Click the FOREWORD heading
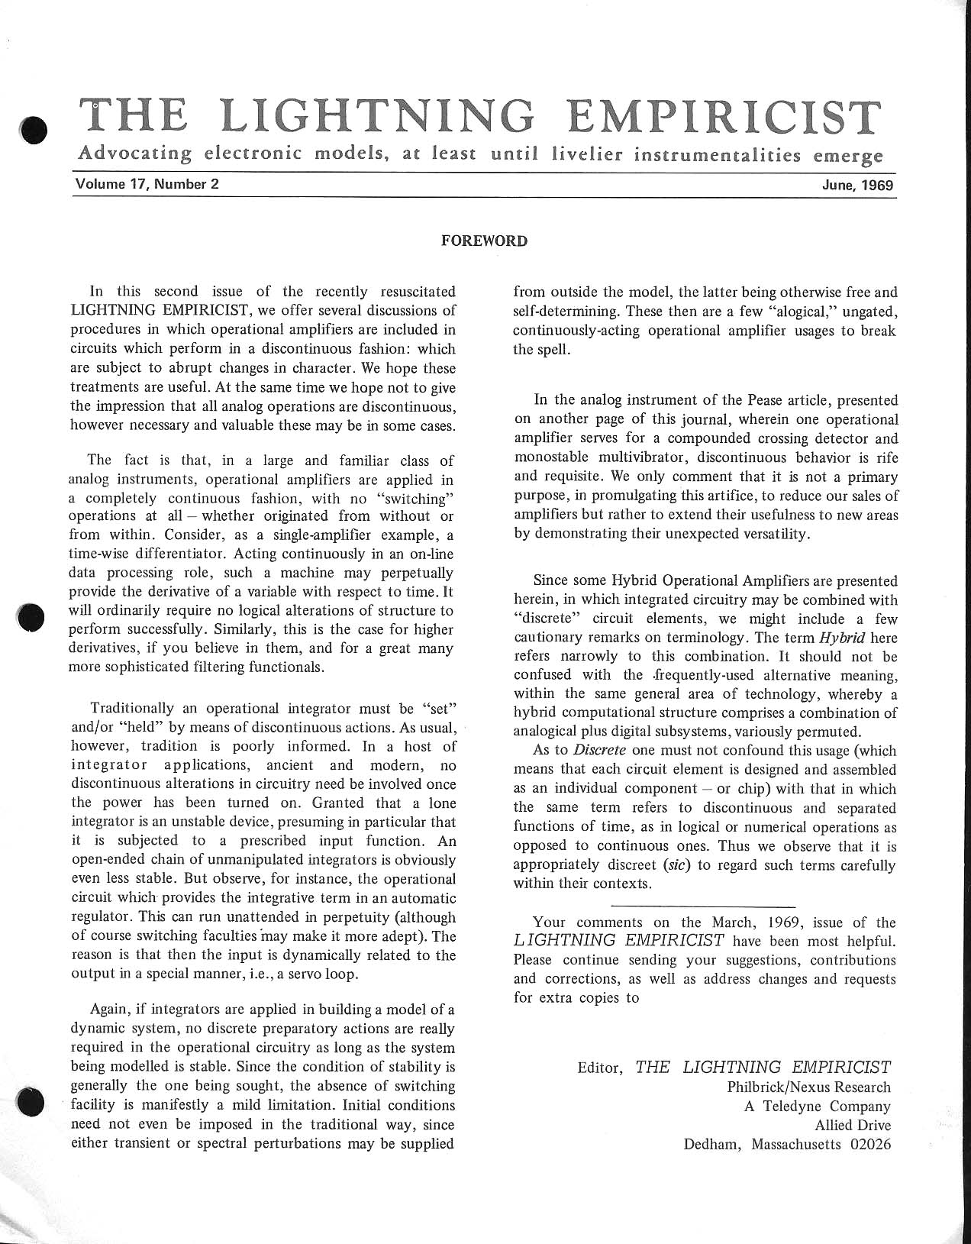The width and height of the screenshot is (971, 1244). tap(485, 241)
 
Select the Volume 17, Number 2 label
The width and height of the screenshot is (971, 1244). tap(147, 184)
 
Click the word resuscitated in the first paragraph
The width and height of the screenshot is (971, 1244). tap(410, 292)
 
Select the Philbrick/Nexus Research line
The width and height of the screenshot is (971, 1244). tap(809, 1087)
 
